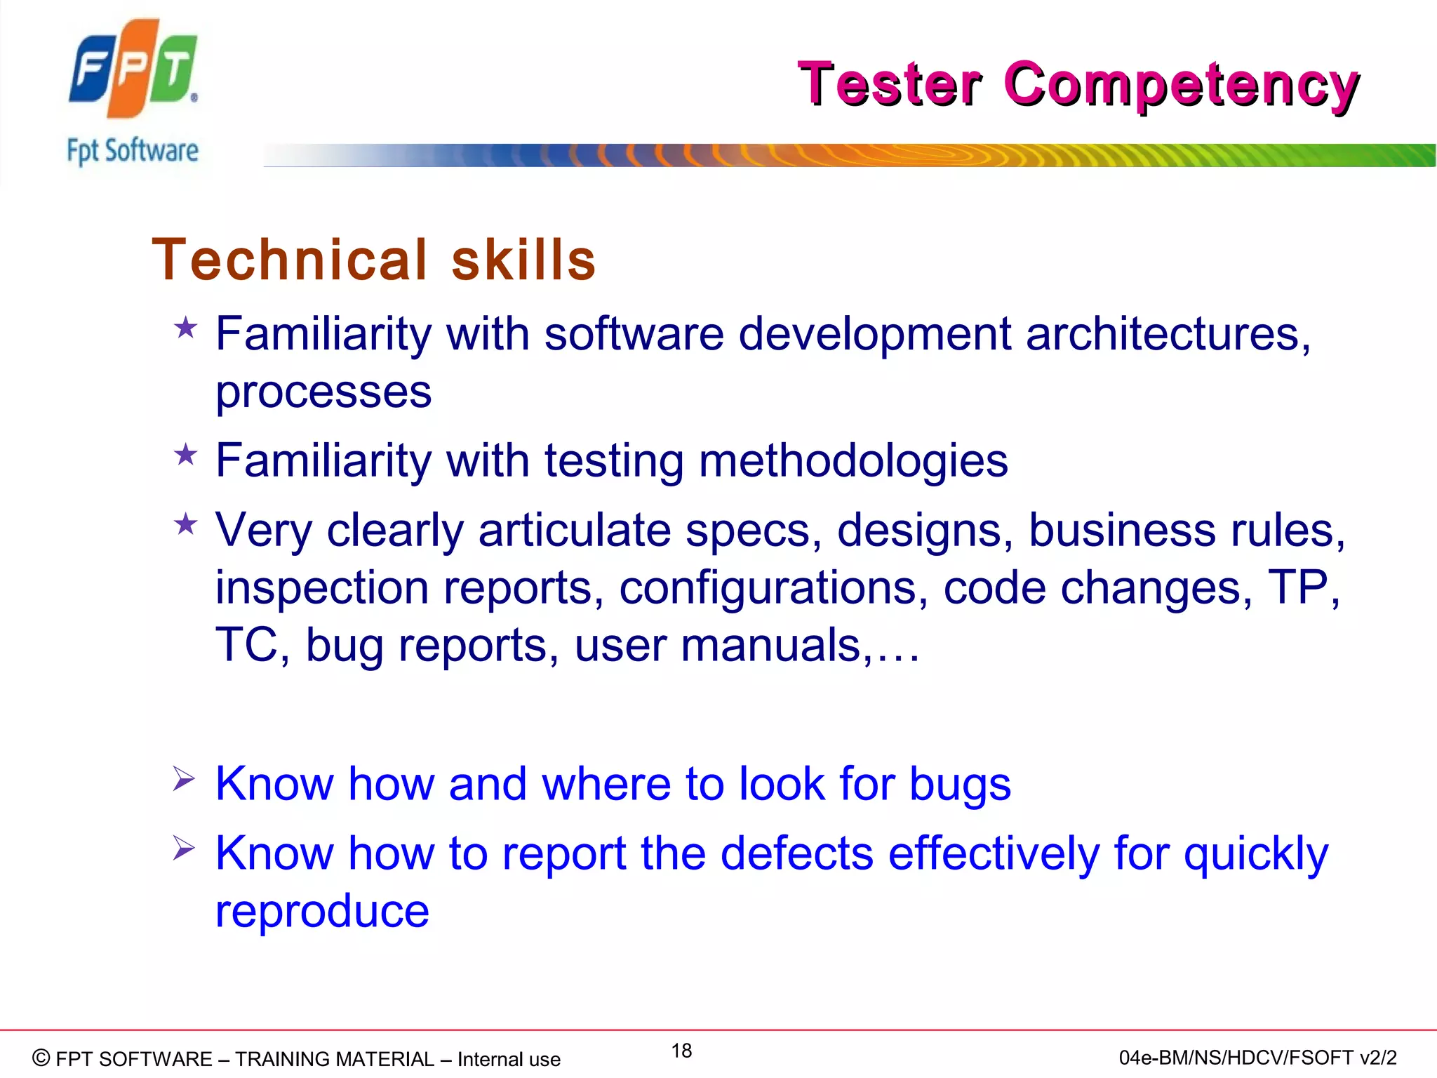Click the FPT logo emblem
pos(133,68)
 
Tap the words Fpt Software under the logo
pos(133,151)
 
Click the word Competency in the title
pos(1182,85)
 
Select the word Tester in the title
pos(890,85)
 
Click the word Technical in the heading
pos(290,260)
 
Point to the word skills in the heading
pos(523,260)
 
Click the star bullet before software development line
pos(186,328)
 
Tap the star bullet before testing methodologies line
pos(186,455)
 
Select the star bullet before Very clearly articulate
pos(186,524)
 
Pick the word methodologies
pos(853,462)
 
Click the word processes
pos(323,392)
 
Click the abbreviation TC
pos(246,645)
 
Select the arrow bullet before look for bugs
pos(184,779)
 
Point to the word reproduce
pos(322,912)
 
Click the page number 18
pos(681,1051)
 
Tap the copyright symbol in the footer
pos(41,1058)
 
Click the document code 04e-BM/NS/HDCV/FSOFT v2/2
pos(1257,1058)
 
